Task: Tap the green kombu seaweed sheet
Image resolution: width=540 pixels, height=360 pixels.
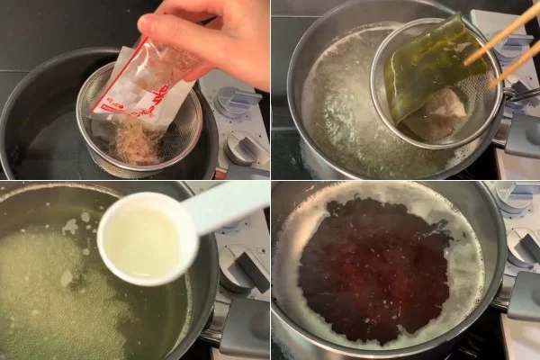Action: tap(427, 67)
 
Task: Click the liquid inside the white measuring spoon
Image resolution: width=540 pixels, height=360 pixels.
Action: tap(145, 240)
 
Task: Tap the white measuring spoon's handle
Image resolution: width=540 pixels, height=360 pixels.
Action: tap(225, 202)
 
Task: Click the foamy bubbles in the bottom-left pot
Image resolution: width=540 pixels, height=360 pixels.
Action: tap(54, 297)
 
